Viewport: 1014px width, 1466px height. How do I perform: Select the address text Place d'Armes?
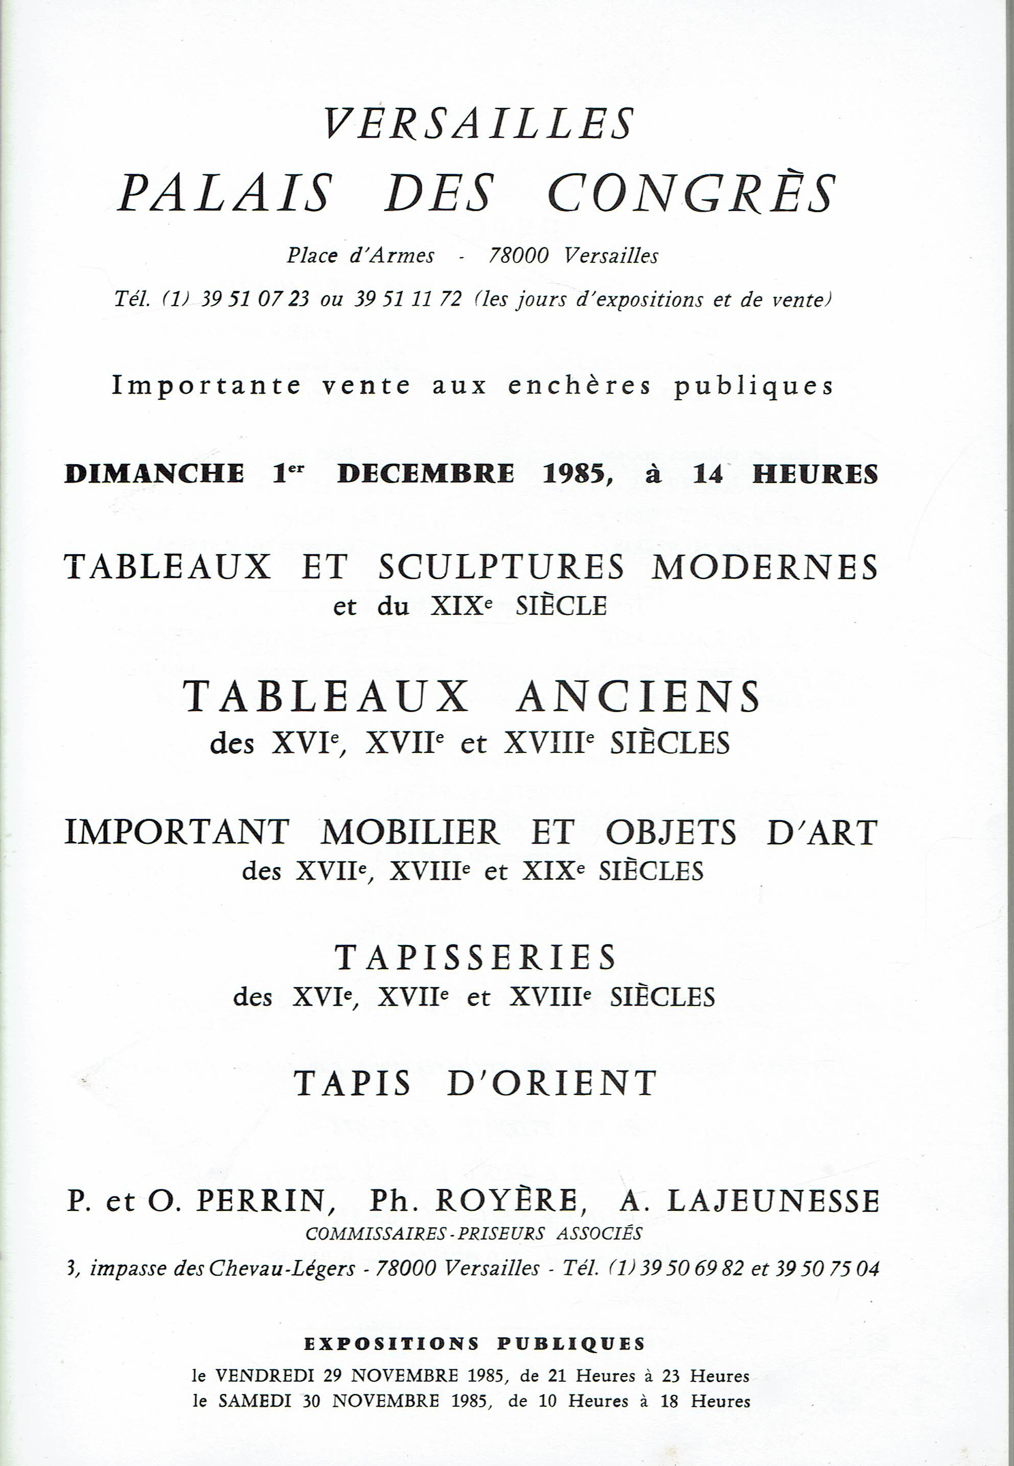tap(360, 256)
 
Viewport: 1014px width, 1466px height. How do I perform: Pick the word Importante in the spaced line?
tap(206, 386)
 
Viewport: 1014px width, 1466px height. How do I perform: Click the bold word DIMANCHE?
tap(154, 474)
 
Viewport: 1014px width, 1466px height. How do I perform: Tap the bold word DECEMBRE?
tap(425, 474)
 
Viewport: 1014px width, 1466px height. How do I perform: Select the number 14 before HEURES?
tap(708, 474)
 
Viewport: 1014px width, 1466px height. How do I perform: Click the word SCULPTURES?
tap(501, 567)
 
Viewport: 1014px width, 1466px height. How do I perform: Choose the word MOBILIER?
tap(410, 833)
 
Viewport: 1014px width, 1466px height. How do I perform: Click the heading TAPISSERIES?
tap(476, 957)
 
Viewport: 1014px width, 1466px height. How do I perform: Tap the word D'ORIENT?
tap(551, 1084)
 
